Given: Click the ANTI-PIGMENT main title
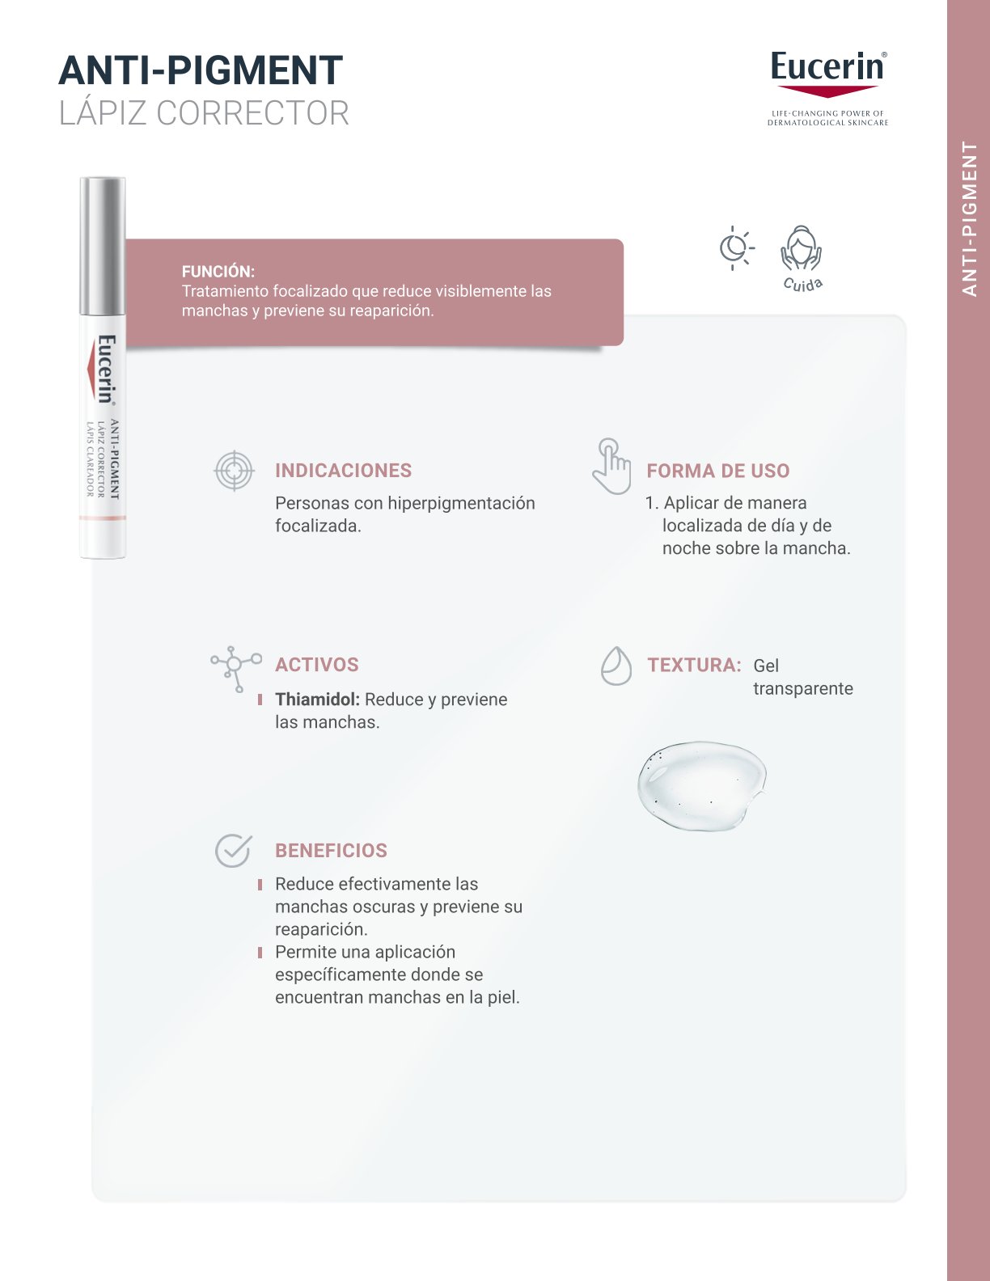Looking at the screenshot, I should [x=201, y=70].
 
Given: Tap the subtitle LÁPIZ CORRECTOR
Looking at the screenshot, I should [x=204, y=113].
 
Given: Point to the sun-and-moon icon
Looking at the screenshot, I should [x=735, y=247].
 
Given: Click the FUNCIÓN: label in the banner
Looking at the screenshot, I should [x=218, y=272].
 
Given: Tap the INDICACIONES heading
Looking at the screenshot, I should [x=343, y=471].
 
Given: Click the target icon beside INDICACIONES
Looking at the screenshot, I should [x=234, y=471].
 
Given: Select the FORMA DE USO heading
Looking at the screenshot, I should [x=717, y=471].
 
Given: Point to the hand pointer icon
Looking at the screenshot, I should [x=611, y=467].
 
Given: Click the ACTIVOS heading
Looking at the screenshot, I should [x=316, y=665].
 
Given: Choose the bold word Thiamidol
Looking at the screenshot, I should [x=316, y=700].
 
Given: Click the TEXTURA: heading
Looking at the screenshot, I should [x=694, y=665].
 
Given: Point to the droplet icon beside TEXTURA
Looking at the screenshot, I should [x=616, y=666].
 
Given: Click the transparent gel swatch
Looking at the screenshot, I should [x=700, y=784].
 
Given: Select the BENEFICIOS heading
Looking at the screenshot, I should [x=331, y=851].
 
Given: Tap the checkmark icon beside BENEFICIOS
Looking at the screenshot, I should [x=233, y=851].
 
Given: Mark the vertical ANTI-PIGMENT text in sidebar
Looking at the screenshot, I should [x=970, y=218].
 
